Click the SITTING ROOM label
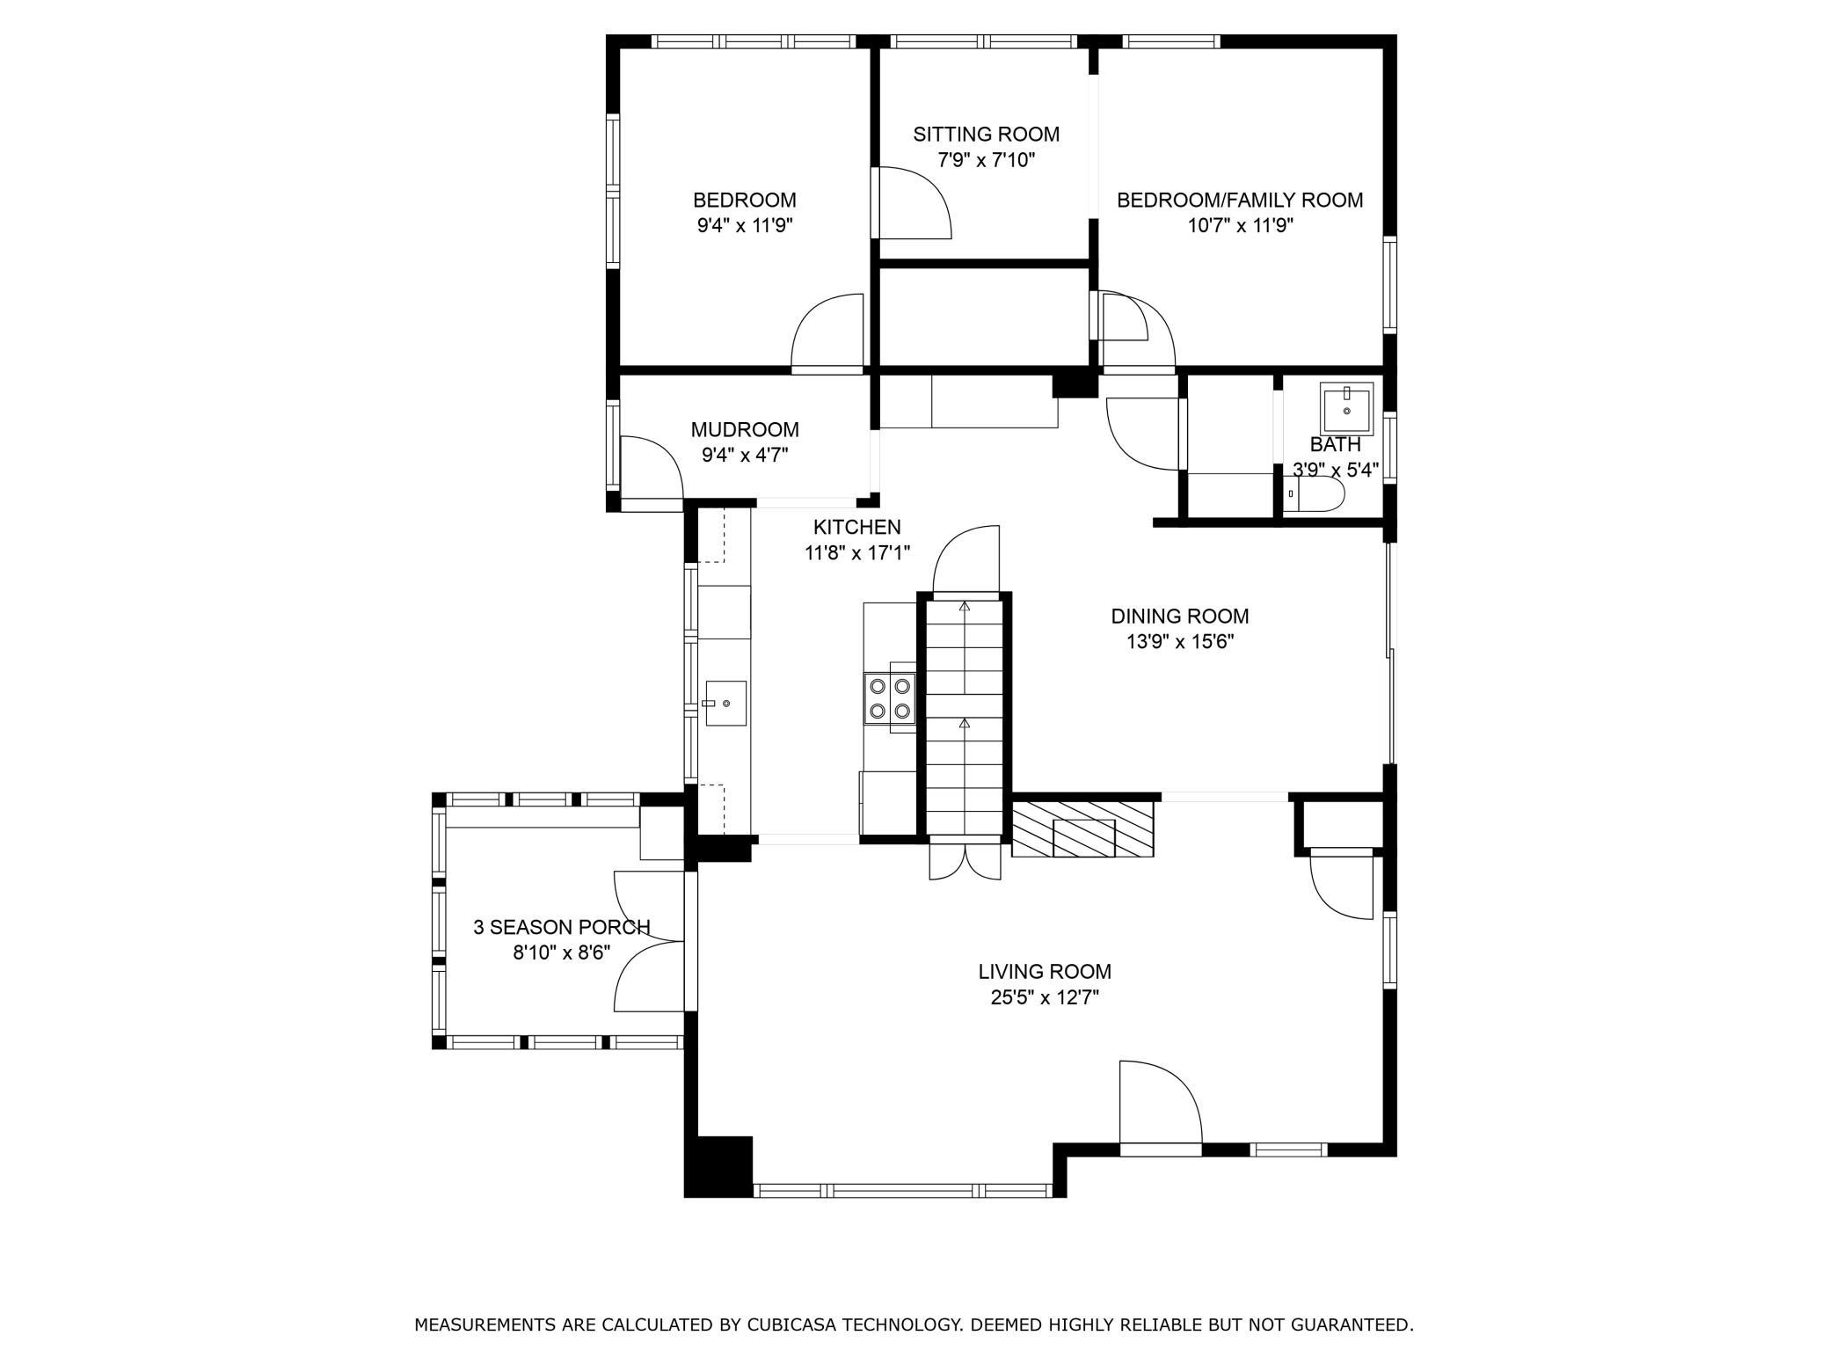tap(986, 135)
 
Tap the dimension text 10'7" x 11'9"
tap(1240, 226)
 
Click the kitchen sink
tap(725, 704)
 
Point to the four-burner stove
tap(890, 698)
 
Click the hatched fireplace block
tap(1082, 828)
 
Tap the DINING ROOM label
tap(1179, 617)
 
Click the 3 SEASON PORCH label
tap(561, 927)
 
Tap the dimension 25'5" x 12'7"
tap(1045, 997)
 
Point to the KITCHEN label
tap(856, 527)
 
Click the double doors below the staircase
tap(965, 861)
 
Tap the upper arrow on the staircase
tap(965, 606)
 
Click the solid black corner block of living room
tap(718, 1166)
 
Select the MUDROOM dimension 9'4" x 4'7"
tap(744, 456)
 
